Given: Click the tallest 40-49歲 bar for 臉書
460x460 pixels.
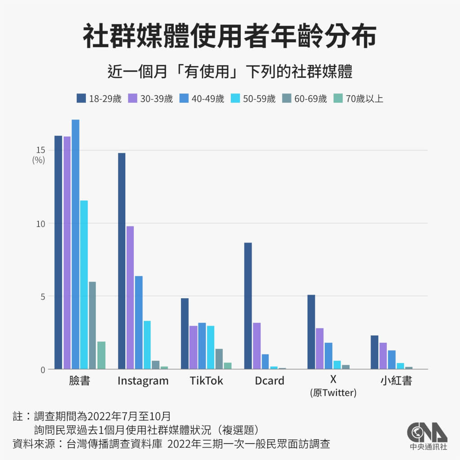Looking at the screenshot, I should pyautogui.click(x=75, y=244).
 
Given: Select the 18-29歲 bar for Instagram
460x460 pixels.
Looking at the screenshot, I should pyautogui.click(x=122, y=261).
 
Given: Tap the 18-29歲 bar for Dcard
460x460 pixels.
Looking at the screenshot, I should pyautogui.click(x=248, y=306).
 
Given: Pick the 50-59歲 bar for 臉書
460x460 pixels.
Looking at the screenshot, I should pyautogui.click(x=84, y=285).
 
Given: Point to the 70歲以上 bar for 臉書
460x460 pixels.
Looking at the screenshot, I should pyautogui.click(x=101, y=355).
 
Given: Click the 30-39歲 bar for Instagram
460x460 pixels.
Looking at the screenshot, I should pyautogui.click(x=130, y=297).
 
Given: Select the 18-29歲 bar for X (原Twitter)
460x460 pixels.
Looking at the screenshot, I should pyautogui.click(x=311, y=332).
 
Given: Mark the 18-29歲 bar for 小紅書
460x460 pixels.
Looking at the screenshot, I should pyautogui.click(x=374, y=352).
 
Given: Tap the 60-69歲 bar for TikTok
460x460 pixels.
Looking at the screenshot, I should pyautogui.click(x=219, y=359).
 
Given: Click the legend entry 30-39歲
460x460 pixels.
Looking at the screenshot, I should pyautogui.click(x=150, y=99).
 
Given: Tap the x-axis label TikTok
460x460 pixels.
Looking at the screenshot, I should pyautogui.click(x=206, y=381).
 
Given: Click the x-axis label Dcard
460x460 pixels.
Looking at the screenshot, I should pyautogui.click(x=270, y=381).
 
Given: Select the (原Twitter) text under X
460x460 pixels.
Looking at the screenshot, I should pyautogui.click(x=333, y=393).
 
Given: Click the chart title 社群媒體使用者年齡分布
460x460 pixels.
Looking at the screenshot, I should pyautogui.click(x=230, y=37).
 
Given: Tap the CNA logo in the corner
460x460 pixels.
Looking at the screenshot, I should pyautogui.click(x=427, y=436).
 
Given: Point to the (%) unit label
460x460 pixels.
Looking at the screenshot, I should pyautogui.click(x=39, y=160).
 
